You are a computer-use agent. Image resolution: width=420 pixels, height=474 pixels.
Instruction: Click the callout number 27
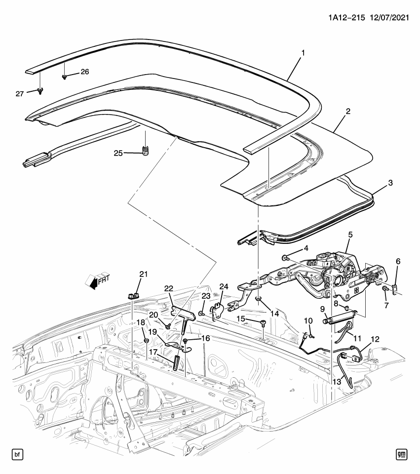pyautogui.click(x=19, y=93)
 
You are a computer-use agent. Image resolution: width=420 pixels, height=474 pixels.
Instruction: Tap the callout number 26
pyautogui.click(x=84, y=72)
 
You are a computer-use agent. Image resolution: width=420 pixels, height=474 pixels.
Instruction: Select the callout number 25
pyautogui.click(x=118, y=153)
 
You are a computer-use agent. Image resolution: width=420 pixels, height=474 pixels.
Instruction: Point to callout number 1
pyautogui.click(x=303, y=52)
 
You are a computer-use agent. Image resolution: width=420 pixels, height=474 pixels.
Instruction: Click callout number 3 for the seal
pyautogui.click(x=390, y=183)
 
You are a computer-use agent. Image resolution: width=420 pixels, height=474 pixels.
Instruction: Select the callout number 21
pyautogui.click(x=143, y=275)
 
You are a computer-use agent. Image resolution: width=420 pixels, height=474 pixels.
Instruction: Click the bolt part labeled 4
pyautogui.click(x=286, y=258)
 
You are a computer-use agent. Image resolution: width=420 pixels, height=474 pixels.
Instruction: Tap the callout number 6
pyautogui.click(x=398, y=261)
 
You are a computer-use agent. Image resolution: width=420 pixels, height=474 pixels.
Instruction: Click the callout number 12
pyautogui.click(x=375, y=340)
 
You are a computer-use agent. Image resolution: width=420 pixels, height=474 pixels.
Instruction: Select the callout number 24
pyautogui.click(x=224, y=286)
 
